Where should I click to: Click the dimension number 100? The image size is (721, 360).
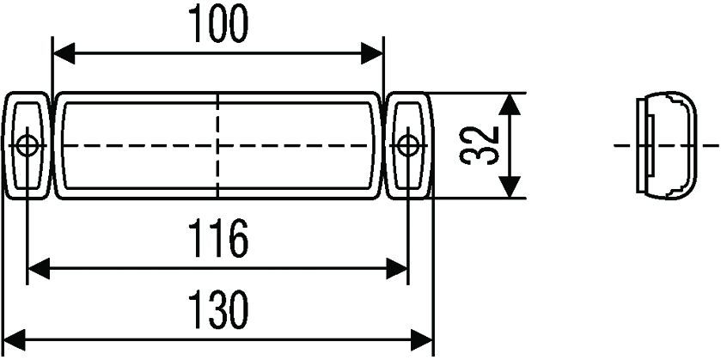point(218,23)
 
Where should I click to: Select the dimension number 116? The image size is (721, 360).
point(219,238)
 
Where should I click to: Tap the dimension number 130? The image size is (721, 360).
point(219,310)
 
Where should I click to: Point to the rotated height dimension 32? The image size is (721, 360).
point(480,145)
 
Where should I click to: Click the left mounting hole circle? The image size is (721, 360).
point(27,146)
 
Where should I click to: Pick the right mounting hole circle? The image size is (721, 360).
point(407,146)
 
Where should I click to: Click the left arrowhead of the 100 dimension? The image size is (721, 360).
point(64,53)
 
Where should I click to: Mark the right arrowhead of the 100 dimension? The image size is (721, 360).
point(371,53)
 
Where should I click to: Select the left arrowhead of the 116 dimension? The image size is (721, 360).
point(39,269)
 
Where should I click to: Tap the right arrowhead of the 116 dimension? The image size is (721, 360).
point(397,269)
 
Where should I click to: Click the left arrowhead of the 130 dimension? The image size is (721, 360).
point(14,340)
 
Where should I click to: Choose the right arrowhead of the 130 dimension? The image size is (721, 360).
point(422,340)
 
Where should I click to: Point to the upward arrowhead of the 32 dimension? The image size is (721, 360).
point(510,104)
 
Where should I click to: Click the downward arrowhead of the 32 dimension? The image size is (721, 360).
point(510,186)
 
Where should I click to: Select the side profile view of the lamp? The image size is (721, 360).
point(666,145)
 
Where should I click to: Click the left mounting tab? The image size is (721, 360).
point(27,146)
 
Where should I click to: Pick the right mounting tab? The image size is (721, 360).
point(408,146)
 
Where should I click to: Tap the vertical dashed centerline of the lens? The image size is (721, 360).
point(218,146)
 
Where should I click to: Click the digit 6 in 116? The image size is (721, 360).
point(239,238)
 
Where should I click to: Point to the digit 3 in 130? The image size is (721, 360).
point(217,310)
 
